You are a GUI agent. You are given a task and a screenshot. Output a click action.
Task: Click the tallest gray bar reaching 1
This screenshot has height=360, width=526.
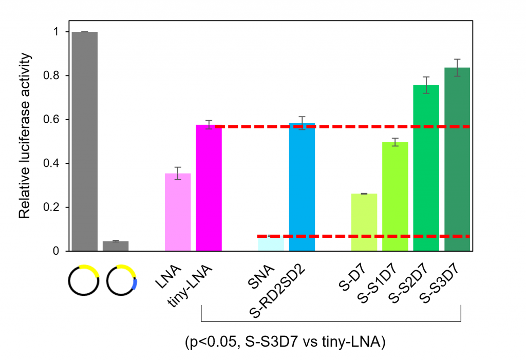85,141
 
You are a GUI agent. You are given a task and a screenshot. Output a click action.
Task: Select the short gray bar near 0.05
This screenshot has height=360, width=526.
116,246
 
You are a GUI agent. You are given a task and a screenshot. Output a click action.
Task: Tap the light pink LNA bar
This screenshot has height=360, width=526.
178,212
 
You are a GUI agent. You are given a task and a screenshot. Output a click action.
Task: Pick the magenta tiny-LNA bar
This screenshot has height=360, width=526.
209,188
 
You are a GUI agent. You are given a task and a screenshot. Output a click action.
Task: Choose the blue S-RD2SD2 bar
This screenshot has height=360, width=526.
302,187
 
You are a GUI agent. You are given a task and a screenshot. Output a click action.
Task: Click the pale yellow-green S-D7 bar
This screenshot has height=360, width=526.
364,222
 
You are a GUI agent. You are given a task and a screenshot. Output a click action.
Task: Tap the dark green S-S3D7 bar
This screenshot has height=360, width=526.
457,159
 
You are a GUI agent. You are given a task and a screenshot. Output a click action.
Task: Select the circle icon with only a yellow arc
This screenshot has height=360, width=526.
85,281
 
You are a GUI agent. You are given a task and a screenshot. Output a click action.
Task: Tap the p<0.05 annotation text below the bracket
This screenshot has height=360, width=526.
285,343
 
